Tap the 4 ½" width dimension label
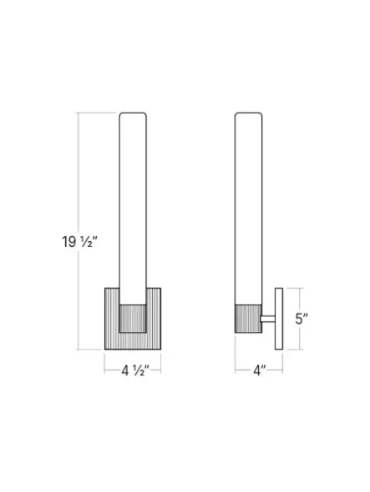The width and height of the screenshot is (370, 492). click(135, 371)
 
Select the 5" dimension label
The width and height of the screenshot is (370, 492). click(302, 319)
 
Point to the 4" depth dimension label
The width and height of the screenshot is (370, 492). click(260, 371)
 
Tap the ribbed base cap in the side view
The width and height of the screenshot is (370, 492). click(248, 319)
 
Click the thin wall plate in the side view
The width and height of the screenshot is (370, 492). click(279, 319)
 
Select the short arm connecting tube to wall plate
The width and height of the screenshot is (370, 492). click(268, 319)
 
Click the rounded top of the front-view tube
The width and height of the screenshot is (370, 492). click(133, 113)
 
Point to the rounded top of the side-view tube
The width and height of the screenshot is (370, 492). click(248, 113)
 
